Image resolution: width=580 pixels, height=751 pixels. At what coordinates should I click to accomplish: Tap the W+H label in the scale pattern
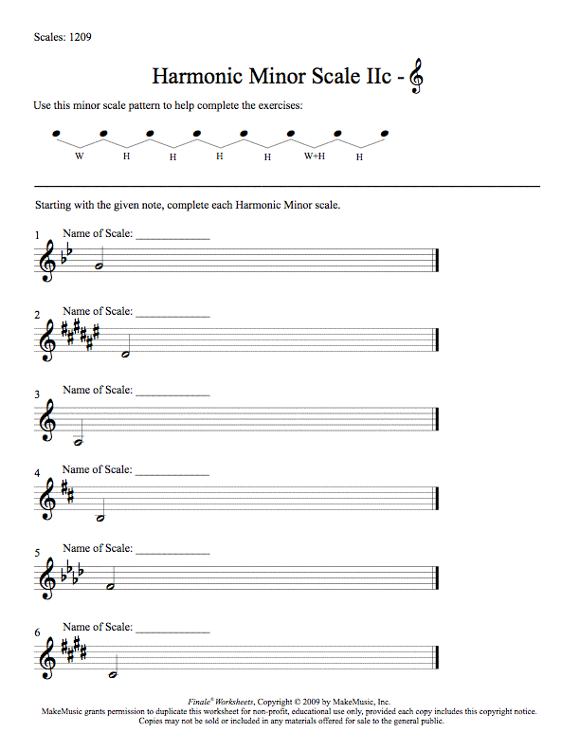[x=315, y=155]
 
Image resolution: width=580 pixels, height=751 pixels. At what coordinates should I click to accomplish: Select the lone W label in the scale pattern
[x=79, y=155]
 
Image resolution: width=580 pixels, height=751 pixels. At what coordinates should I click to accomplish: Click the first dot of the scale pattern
[x=57, y=133]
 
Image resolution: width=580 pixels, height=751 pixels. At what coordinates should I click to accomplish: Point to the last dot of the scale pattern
[x=385, y=133]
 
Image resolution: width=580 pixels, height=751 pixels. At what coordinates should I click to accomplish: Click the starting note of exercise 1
[x=99, y=267]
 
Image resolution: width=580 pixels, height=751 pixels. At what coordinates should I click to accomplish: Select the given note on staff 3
[x=81, y=442]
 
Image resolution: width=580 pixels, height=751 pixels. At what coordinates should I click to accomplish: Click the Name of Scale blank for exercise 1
[x=172, y=238]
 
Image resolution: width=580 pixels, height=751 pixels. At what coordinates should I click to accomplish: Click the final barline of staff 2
[x=435, y=340]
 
